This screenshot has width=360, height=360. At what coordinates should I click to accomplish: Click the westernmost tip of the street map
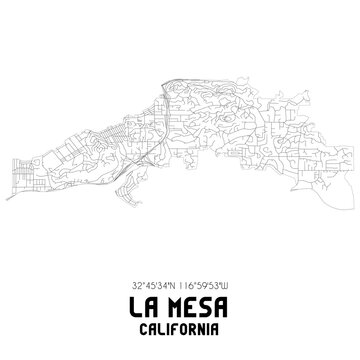[7, 197]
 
